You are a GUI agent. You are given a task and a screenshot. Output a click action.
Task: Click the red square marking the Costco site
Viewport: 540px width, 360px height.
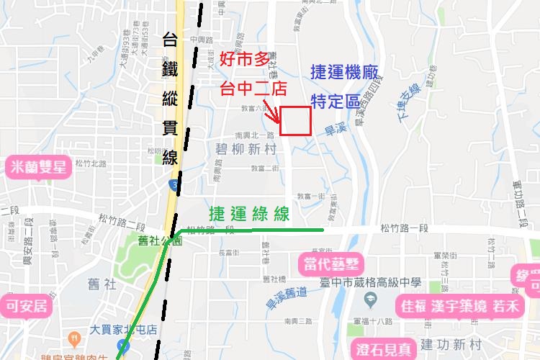(295, 121)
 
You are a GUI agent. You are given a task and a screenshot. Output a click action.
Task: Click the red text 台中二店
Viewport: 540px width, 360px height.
(253, 89)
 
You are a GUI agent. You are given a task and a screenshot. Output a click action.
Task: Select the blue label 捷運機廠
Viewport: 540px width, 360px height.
(348, 72)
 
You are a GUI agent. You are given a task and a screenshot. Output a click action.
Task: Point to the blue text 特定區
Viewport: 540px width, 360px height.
(335, 101)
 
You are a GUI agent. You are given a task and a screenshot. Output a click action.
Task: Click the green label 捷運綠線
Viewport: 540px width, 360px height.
(249, 214)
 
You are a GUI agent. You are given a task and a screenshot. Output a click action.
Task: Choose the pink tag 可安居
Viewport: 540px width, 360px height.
(26, 305)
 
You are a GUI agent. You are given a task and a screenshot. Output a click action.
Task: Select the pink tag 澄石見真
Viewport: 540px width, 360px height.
(384, 350)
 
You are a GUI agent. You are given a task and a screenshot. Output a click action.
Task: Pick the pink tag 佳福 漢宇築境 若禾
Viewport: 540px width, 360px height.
(459, 306)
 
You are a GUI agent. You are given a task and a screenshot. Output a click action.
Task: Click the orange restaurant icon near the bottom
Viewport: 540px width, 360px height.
(73, 338)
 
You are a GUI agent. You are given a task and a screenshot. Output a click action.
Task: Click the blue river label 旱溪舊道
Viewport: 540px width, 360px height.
(286, 300)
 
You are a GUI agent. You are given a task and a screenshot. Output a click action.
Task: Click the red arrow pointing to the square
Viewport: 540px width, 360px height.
(273, 114)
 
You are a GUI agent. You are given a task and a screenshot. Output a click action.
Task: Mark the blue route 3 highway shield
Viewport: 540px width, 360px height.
(175, 186)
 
